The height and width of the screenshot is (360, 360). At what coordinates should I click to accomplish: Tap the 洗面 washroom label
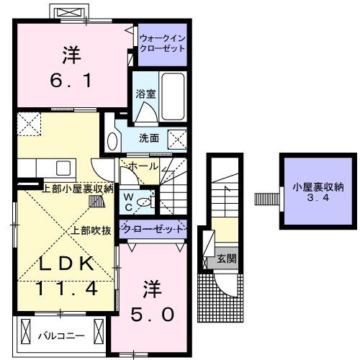[149, 137]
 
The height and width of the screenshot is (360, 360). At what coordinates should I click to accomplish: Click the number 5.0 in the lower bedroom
[153, 303]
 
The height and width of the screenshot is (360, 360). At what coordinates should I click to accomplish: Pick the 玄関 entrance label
[226, 258]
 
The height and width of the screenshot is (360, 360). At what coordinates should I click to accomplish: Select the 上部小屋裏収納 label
[77, 189]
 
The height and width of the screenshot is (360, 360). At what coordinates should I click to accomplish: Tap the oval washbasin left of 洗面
[112, 139]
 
